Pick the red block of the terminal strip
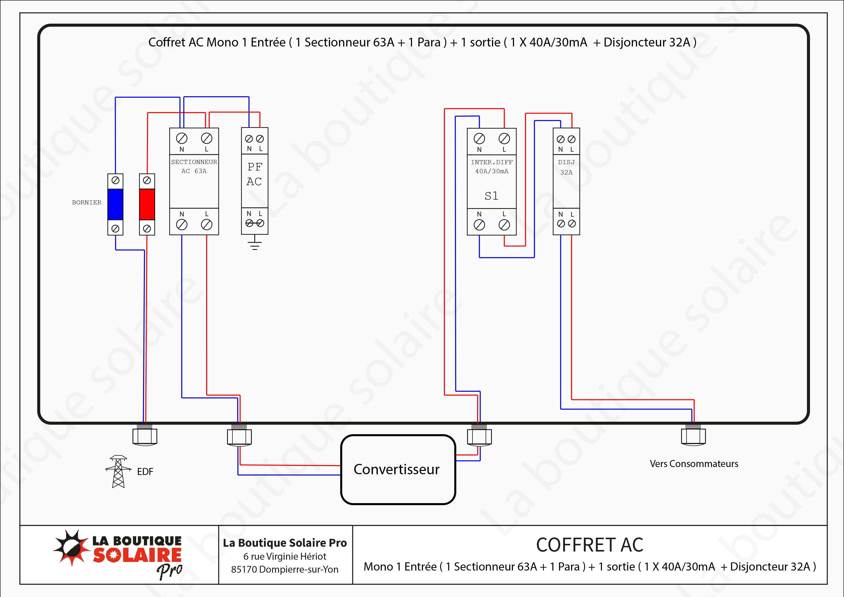coord(147,204)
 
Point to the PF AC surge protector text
coord(254,174)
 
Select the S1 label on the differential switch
coord(492,196)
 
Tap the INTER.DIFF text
coord(492,162)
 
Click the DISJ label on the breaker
coord(566,162)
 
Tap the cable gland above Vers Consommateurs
coord(693,436)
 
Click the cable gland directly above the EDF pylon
coord(145,436)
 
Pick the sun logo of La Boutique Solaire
coord(72,548)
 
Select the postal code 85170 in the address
coord(244,569)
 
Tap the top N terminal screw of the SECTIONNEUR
coord(182,138)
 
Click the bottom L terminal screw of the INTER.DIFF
coord(504,225)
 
